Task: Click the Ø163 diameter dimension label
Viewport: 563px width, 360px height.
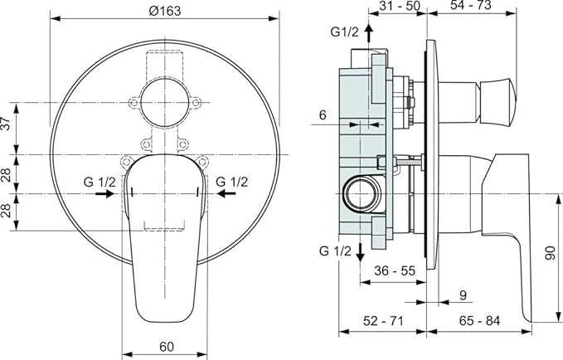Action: pos(165,11)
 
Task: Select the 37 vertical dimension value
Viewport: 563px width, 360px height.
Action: pos(6,124)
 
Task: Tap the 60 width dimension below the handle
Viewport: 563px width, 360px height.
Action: pos(166,347)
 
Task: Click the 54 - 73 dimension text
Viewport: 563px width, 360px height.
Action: pos(471,5)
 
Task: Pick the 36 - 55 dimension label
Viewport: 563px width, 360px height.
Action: pos(394,270)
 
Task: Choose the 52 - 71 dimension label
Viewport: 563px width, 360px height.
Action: pos(383,320)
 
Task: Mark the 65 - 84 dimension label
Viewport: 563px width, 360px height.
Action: pos(479,320)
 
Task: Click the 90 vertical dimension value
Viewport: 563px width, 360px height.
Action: pos(550,253)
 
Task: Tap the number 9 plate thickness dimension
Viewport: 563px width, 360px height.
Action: pos(463,295)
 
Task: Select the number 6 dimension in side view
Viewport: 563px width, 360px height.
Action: pos(323,115)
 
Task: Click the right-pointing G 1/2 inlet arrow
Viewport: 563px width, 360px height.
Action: pos(104,193)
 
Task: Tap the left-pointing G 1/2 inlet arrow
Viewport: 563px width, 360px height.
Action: pos(226,193)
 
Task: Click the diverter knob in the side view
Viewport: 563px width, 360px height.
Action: pos(478,102)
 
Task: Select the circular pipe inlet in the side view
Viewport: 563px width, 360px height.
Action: pos(360,194)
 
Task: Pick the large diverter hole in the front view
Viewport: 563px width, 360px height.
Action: pos(164,103)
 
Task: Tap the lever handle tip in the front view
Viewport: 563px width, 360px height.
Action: pos(165,316)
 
